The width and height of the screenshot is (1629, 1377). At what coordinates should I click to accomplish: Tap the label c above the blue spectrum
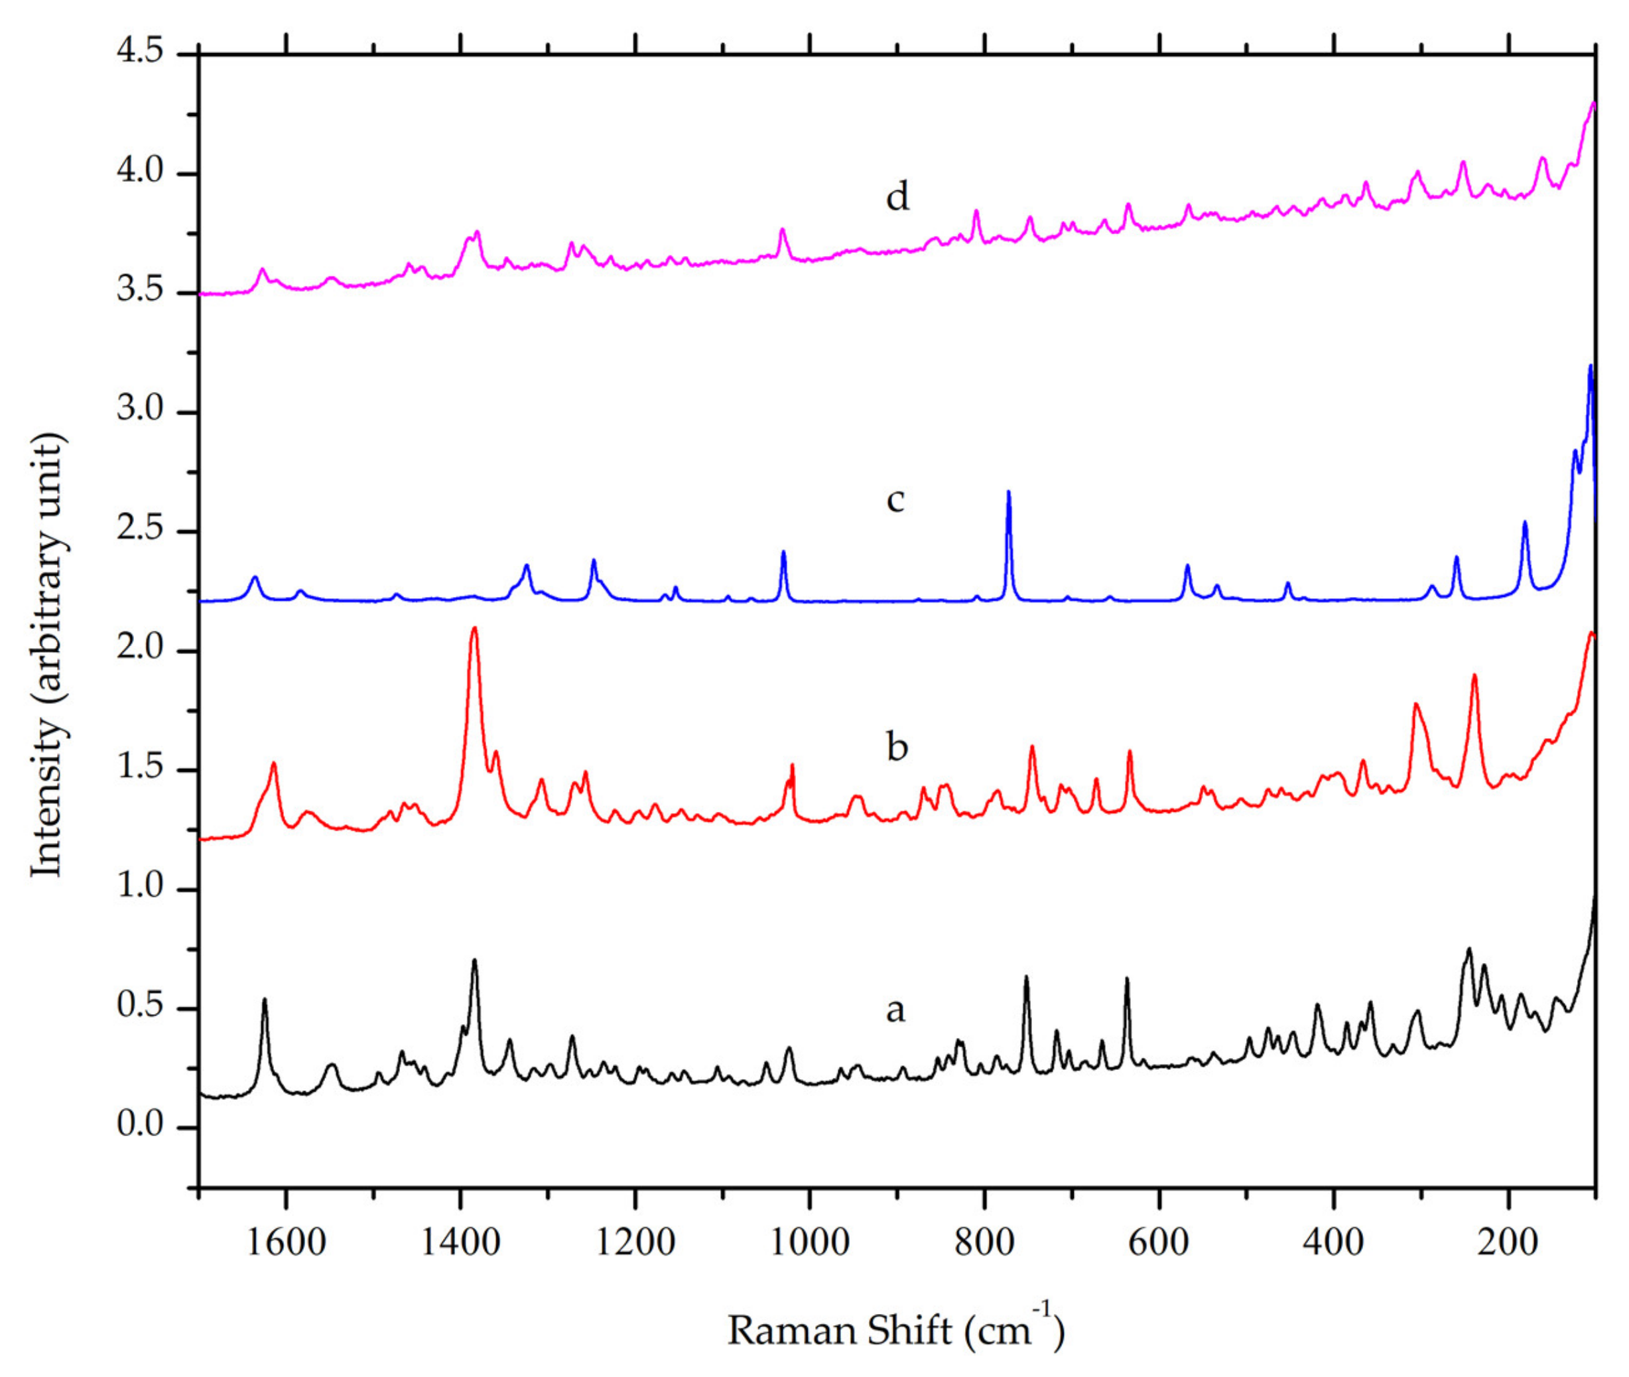pos(895,499)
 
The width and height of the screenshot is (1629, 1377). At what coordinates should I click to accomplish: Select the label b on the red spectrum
pos(897,746)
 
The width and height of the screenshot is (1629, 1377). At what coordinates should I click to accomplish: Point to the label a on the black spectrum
pos(895,1010)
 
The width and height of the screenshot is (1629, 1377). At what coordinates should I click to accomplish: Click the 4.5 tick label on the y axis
pos(141,52)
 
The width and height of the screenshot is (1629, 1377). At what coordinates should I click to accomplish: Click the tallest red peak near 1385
pos(474,629)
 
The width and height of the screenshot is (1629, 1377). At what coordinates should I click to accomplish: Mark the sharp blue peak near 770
pos(1008,493)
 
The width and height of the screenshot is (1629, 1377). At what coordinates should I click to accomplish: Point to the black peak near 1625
pos(265,1000)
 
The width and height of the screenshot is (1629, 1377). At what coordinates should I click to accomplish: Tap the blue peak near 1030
pos(783,553)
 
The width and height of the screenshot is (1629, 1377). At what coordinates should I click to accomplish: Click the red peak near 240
pos(1474,676)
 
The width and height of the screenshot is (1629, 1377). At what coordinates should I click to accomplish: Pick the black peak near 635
pos(1126,979)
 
